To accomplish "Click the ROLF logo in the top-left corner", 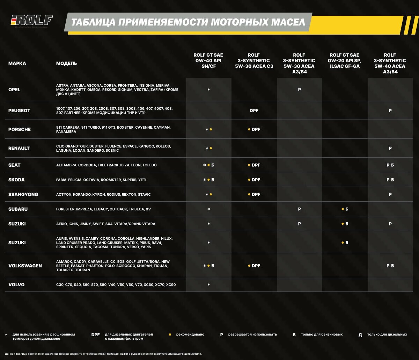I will [32, 21].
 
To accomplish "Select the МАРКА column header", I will [17, 64].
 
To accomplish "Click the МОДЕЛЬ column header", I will [67, 64].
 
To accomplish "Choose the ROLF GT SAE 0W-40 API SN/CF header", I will [208, 60].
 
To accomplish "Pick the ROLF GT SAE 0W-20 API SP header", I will [344, 60].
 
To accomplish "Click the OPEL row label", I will [14, 89].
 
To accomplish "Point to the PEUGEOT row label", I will [19, 110].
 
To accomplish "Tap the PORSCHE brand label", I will [20, 129].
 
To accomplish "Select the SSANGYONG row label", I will [23, 194].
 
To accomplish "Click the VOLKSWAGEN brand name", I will [25, 266].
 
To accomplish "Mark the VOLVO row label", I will [16, 285].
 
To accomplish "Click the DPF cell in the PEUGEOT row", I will [254, 110].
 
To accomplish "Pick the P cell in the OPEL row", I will [299, 89].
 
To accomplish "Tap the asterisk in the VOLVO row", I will [208, 285].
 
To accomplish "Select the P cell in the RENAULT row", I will [390, 148].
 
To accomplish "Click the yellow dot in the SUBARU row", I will [343, 209].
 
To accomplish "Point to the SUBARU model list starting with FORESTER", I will [103, 209].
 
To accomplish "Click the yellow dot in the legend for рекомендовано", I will [170, 334].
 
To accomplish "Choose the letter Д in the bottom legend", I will [360, 335].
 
